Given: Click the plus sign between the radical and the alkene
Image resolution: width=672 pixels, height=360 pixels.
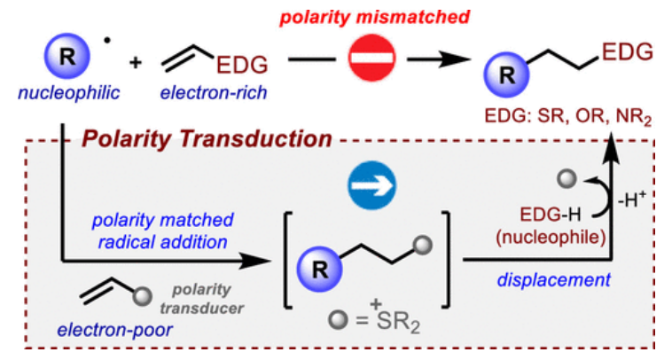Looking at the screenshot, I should click(135, 64).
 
